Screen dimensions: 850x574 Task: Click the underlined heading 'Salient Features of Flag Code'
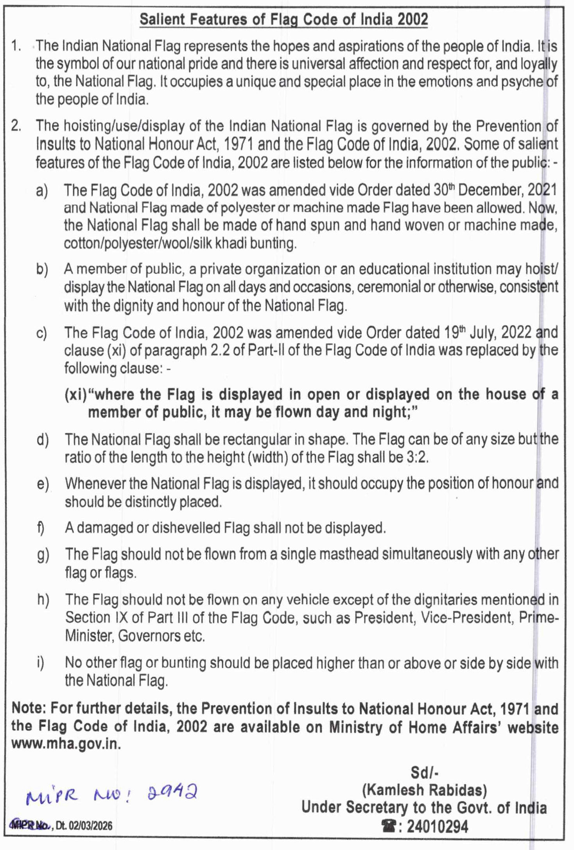[283, 19]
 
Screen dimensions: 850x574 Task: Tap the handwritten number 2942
[172, 792]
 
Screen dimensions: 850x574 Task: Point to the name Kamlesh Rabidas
[425, 790]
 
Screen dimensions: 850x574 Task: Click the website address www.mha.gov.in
[66, 744]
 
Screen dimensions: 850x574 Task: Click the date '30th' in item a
[445, 190]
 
